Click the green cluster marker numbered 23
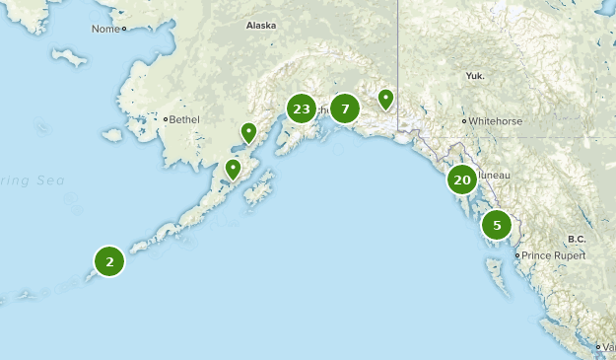(302, 108)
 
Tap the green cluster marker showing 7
(345, 108)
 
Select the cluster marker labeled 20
(461, 180)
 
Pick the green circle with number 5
(497, 226)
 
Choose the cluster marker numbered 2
(108, 261)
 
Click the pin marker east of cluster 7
(385, 99)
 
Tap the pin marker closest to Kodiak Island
(233, 169)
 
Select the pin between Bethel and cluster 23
(249, 131)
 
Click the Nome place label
(103, 29)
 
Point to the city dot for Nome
(124, 30)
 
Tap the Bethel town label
(184, 119)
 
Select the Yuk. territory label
(475, 75)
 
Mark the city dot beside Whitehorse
(464, 121)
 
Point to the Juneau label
(494, 175)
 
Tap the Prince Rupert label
(553, 255)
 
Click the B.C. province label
(576, 239)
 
